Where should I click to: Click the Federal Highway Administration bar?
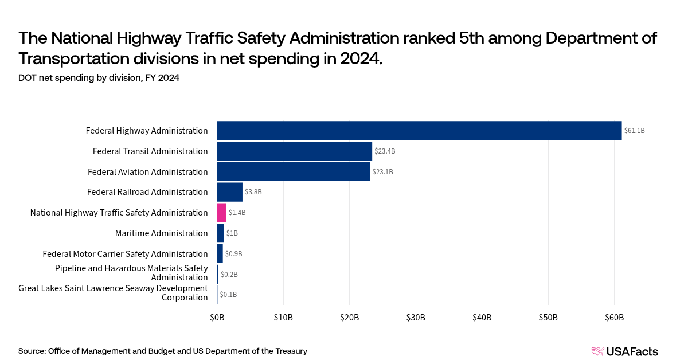(419, 131)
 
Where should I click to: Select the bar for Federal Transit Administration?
(295, 151)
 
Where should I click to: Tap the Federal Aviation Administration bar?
(294, 172)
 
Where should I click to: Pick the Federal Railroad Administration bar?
(230, 192)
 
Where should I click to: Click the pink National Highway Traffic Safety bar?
(222, 213)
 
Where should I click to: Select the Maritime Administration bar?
(221, 233)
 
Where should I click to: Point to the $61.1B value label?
(635, 131)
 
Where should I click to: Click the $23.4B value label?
(385, 151)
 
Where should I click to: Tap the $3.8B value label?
(253, 192)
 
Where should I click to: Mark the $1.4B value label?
(237, 213)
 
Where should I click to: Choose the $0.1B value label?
(228, 295)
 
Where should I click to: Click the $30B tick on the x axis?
(416, 318)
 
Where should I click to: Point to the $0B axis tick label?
(217, 318)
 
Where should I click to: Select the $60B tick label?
(614, 318)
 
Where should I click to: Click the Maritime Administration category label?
(161, 233)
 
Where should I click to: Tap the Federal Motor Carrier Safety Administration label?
(125, 254)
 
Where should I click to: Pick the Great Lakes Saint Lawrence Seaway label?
(113, 293)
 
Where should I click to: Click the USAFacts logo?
(625, 351)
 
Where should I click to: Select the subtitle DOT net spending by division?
(99, 78)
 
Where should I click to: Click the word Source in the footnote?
(32, 351)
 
